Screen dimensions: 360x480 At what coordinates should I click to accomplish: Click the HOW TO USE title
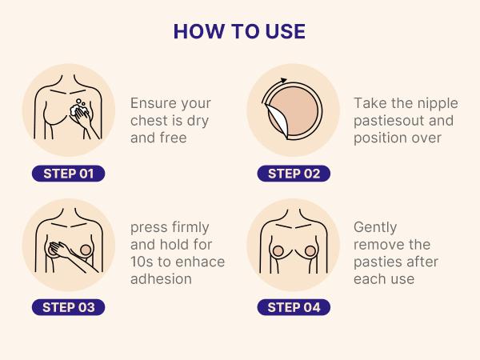pos(239,31)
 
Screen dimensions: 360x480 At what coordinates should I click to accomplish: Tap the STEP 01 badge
pos(70,174)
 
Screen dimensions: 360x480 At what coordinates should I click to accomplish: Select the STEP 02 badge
pos(294,174)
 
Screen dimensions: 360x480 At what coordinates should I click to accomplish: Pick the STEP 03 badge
pos(70,306)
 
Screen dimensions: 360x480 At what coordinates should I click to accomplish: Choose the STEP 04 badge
pos(294,306)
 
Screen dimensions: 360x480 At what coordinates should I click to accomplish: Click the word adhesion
pos(162,279)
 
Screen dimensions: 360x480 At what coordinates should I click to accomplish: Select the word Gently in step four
pos(375,228)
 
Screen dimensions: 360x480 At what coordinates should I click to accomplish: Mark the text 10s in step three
pos(141,262)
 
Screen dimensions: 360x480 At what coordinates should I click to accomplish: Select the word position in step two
pos(380,138)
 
